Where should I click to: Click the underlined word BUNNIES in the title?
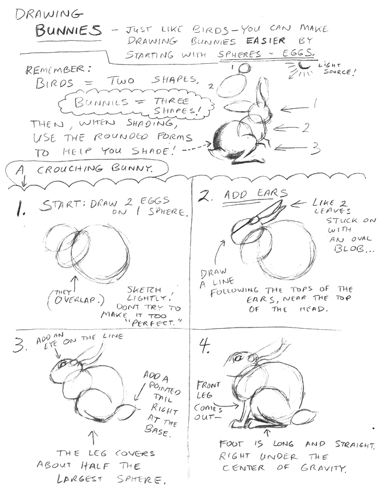click(68, 30)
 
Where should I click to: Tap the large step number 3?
click(20, 346)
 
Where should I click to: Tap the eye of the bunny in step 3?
click(63, 364)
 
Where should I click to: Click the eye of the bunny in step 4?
click(239, 358)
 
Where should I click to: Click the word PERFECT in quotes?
click(157, 323)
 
